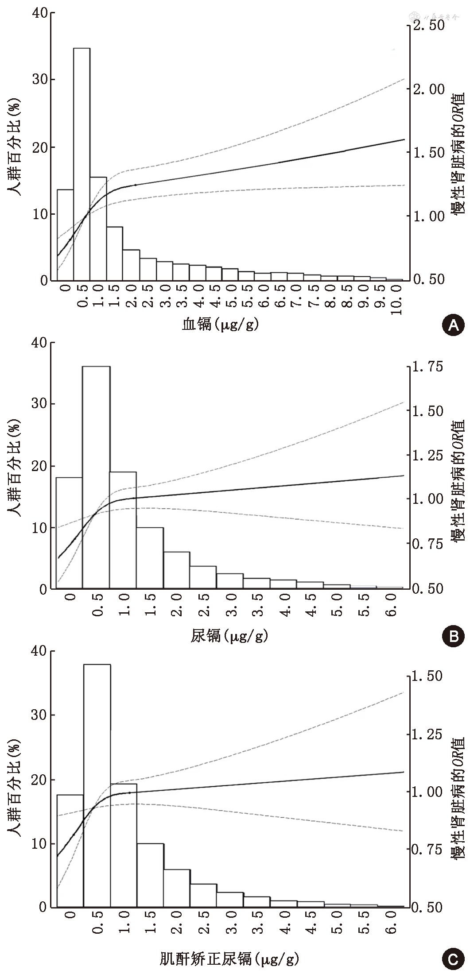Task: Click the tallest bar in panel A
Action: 82,164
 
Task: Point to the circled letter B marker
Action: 453,637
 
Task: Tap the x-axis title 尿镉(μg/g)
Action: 229,637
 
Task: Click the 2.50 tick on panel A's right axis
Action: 428,25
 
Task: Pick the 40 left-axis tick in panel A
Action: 40,13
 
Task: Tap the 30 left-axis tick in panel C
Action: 40,715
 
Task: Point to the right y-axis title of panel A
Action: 458,153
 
